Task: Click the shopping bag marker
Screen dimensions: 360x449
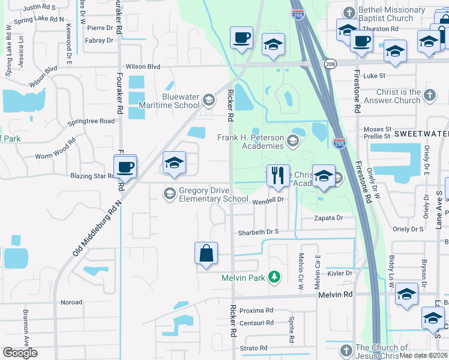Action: [x=206, y=253]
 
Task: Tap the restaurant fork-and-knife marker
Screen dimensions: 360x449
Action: [x=277, y=176]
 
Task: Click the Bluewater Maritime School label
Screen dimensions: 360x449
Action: [x=181, y=101]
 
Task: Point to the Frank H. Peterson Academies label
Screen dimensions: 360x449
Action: [x=250, y=142]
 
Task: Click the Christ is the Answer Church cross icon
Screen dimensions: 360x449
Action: [x=429, y=95]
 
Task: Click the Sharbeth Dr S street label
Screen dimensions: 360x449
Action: [x=259, y=232]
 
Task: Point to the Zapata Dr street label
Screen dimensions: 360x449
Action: [x=328, y=218]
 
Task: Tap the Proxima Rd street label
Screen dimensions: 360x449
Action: [x=256, y=311]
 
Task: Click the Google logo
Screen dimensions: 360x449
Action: [x=20, y=353]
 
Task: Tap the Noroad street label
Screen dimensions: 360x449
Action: [x=71, y=302]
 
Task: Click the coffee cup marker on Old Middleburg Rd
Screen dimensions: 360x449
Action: [x=125, y=166]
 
